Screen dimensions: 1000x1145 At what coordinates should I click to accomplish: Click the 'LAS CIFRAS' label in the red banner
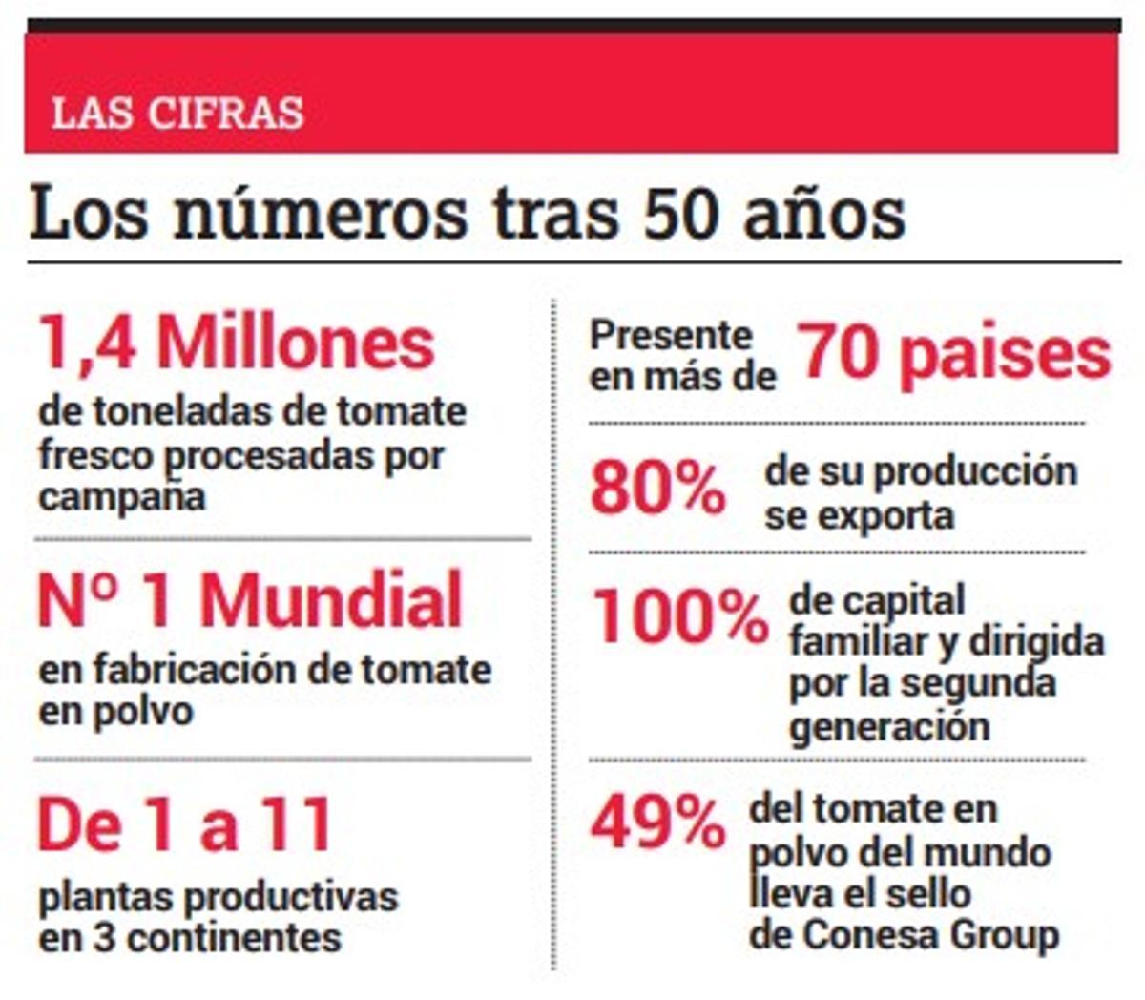point(177,114)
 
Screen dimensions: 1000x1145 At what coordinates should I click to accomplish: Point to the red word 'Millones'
point(296,344)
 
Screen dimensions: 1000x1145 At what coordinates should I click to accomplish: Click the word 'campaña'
point(121,497)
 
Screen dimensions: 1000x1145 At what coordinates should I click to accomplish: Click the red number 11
point(297,826)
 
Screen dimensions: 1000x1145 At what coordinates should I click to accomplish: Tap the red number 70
point(837,353)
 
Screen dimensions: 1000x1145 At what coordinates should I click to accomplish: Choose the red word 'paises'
point(1005,355)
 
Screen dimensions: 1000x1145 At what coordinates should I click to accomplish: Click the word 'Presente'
point(671,335)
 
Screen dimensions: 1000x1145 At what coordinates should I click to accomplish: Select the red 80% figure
point(657,490)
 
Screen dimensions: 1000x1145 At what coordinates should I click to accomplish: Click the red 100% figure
point(680,617)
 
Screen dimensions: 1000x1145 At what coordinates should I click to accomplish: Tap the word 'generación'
point(889,727)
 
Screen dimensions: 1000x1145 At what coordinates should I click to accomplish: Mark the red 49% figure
point(657,823)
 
